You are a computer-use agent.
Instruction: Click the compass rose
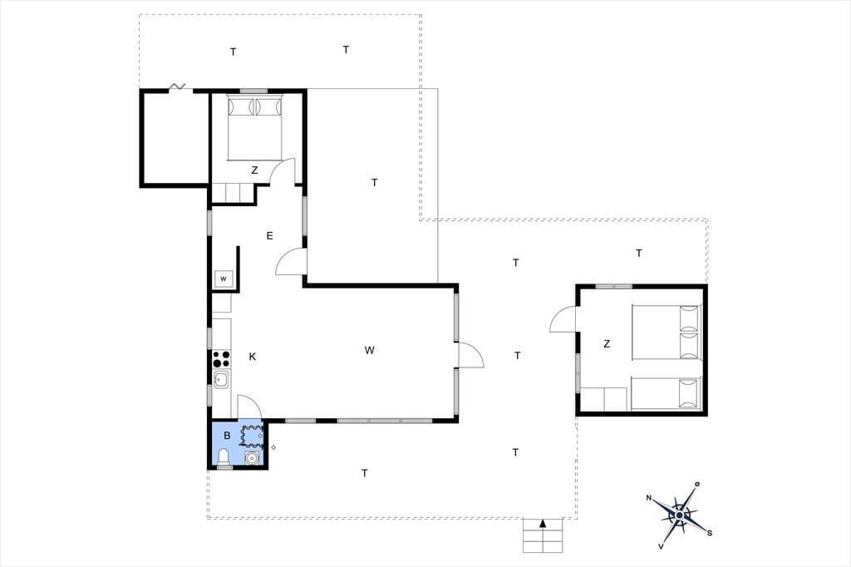click(680, 515)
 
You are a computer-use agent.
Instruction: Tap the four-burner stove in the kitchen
click(221, 359)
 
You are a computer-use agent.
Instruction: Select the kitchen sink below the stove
click(221, 380)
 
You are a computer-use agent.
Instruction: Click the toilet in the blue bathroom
click(224, 459)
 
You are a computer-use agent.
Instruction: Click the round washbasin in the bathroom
click(251, 458)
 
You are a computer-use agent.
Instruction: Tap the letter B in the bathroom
click(228, 436)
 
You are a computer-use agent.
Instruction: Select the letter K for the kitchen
click(253, 357)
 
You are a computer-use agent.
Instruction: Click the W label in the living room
click(370, 350)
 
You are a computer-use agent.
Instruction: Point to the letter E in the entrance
click(270, 236)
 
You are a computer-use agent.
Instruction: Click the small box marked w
click(224, 279)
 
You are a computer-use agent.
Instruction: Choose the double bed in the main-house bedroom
click(254, 128)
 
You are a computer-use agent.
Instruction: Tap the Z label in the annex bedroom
click(607, 344)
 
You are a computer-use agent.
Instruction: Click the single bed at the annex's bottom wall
click(666, 394)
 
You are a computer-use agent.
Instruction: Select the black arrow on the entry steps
click(543, 524)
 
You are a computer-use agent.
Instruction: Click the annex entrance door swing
click(563, 318)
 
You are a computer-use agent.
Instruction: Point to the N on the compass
click(648, 498)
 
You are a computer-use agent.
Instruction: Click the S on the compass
click(710, 533)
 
